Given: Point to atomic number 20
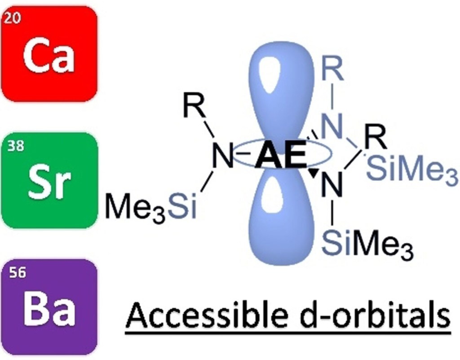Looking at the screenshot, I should click(13, 20).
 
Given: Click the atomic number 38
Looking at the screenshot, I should click(13, 147).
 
